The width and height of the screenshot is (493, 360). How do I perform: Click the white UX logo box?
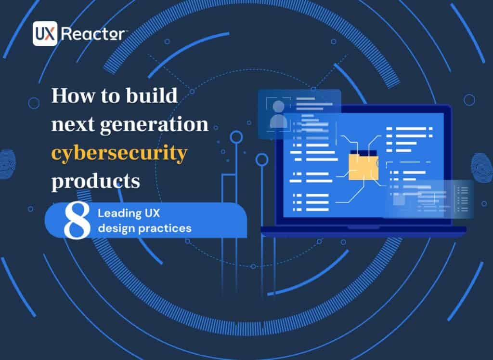[45, 33]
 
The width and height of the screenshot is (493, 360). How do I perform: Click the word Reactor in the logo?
[93, 33]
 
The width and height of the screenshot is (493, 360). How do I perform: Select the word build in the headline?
[152, 94]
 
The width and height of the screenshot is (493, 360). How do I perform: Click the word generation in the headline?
[154, 125]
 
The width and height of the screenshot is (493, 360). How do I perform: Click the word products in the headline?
[96, 181]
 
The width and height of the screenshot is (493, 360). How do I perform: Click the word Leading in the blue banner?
[119, 213]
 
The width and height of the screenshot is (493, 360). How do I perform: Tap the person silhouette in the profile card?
[278, 114]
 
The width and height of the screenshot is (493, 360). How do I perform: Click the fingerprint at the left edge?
[7, 165]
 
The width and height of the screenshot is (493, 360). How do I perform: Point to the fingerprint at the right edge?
[482, 168]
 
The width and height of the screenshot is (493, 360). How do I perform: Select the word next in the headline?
[73, 125]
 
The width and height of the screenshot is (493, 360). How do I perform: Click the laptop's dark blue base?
[363, 231]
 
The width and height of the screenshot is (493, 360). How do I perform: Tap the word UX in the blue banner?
[152, 213]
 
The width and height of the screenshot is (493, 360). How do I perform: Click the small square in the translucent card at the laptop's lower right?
[399, 200]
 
